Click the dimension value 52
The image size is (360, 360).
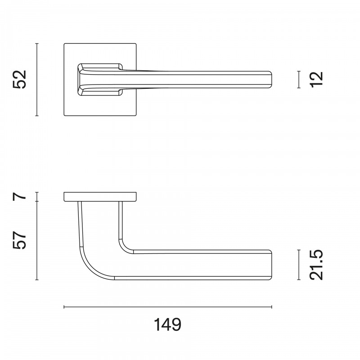pyautogui.click(x=20, y=80)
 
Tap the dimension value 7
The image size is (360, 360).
pyautogui.click(x=20, y=197)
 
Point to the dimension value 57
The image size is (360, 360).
pyautogui.click(x=20, y=240)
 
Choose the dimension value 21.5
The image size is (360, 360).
pyautogui.click(x=316, y=265)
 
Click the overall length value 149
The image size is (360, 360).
pyautogui.click(x=167, y=324)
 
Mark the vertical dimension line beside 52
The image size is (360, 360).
pyautogui.click(x=37, y=80)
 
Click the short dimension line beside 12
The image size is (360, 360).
pyautogui.click(x=299, y=80)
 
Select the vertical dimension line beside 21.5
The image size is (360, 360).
pyautogui.click(x=299, y=265)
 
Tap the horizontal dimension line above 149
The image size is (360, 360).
pyautogui.click(x=168, y=307)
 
